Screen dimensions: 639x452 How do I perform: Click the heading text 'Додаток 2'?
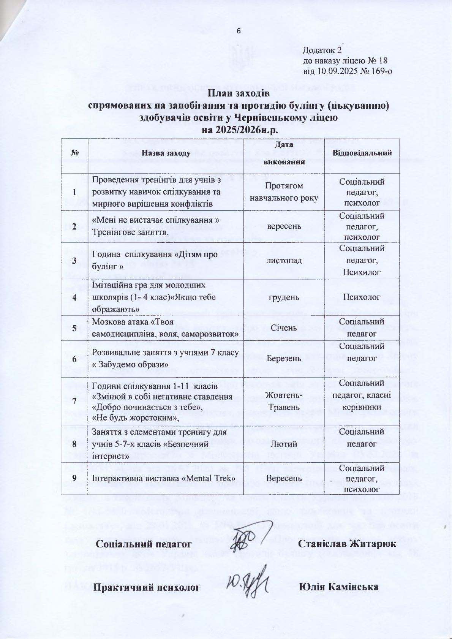pyautogui.click(x=322, y=50)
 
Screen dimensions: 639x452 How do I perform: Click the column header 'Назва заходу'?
pyautogui.click(x=166, y=153)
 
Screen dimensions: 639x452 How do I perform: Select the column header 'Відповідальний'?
pyautogui.click(x=362, y=153)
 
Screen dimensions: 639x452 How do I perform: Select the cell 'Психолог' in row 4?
pyautogui.click(x=362, y=297)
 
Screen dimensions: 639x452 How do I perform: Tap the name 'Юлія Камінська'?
pyautogui.click(x=339, y=587)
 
